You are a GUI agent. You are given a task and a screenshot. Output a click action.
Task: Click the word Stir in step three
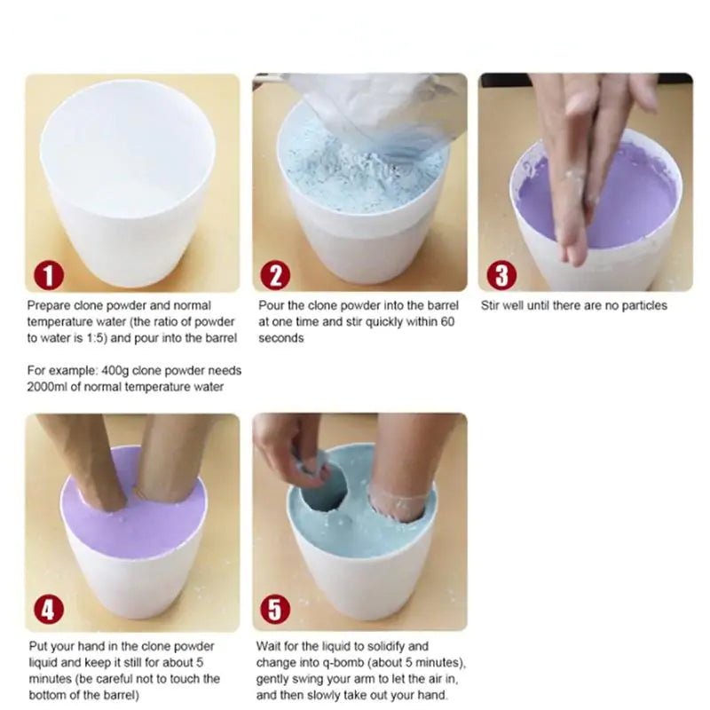click(493, 306)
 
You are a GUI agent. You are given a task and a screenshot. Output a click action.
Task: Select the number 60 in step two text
click(446, 322)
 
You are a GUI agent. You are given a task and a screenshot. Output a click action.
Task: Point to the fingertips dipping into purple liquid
click(577, 240)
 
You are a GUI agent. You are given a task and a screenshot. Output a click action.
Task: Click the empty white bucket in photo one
click(130, 186)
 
